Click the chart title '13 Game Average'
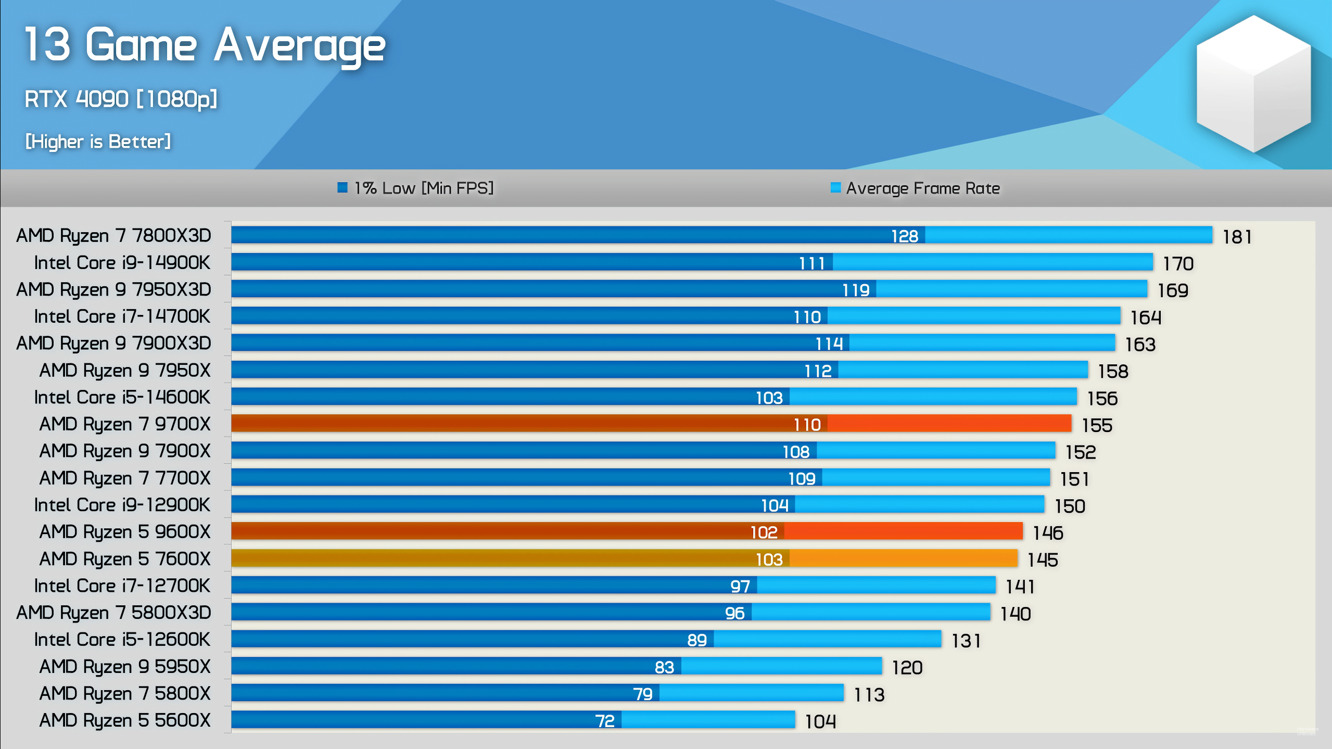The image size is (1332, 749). (x=205, y=46)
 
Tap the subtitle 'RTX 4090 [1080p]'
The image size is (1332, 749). (x=121, y=99)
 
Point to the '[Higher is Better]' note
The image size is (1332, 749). (x=98, y=142)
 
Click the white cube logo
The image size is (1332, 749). (x=1253, y=83)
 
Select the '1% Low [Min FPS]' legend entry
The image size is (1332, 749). (x=416, y=188)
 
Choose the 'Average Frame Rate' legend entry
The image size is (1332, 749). (x=915, y=188)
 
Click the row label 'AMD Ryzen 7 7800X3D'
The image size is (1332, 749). (x=113, y=235)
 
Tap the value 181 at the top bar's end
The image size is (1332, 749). (x=1237, y=237)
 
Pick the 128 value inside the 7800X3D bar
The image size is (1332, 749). (x=905, y=236)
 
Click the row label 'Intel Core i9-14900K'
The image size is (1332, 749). (x=122, y=262)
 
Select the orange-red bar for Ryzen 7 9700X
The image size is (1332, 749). (x=651, y=424)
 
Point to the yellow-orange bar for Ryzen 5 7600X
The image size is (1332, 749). (x=625, y=558)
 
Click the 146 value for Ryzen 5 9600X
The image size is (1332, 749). (x=1048, y=533)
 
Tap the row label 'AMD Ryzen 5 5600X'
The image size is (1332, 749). (x=125, y=720)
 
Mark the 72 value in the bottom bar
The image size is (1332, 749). (x=605, y=721)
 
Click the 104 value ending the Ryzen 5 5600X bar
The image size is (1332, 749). (x=820, y=721)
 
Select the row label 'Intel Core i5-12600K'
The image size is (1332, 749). (x=122, y=640)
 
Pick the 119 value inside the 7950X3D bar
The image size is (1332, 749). (x=856, y=290)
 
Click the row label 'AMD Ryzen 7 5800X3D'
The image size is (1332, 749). (x=113, y=613)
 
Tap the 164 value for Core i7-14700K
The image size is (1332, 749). (x=1146, y=318)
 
